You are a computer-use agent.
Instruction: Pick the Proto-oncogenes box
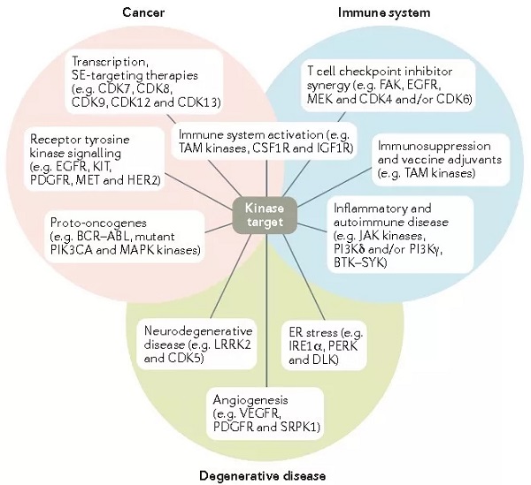click(124, 235)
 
